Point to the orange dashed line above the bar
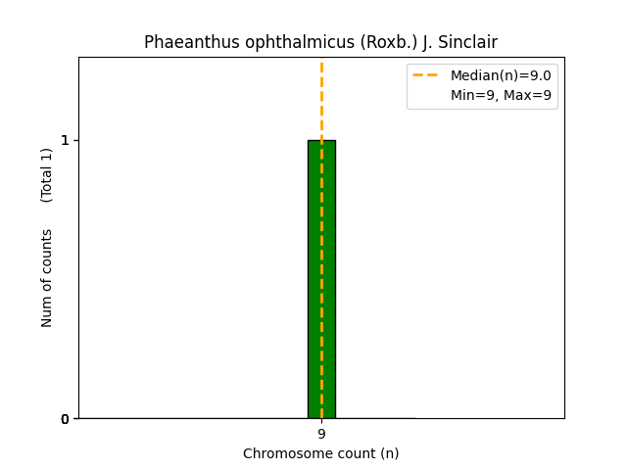point(321,98)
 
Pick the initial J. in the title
point(427,42)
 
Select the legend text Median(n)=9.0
point(501,75)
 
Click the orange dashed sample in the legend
point(426,75)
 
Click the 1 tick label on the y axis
point(65,140)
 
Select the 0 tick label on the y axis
point(65,419)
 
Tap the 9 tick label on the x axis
point(321,434)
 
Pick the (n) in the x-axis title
point(389,453)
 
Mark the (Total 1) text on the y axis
point(46,175)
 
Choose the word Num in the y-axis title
point(46,311)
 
